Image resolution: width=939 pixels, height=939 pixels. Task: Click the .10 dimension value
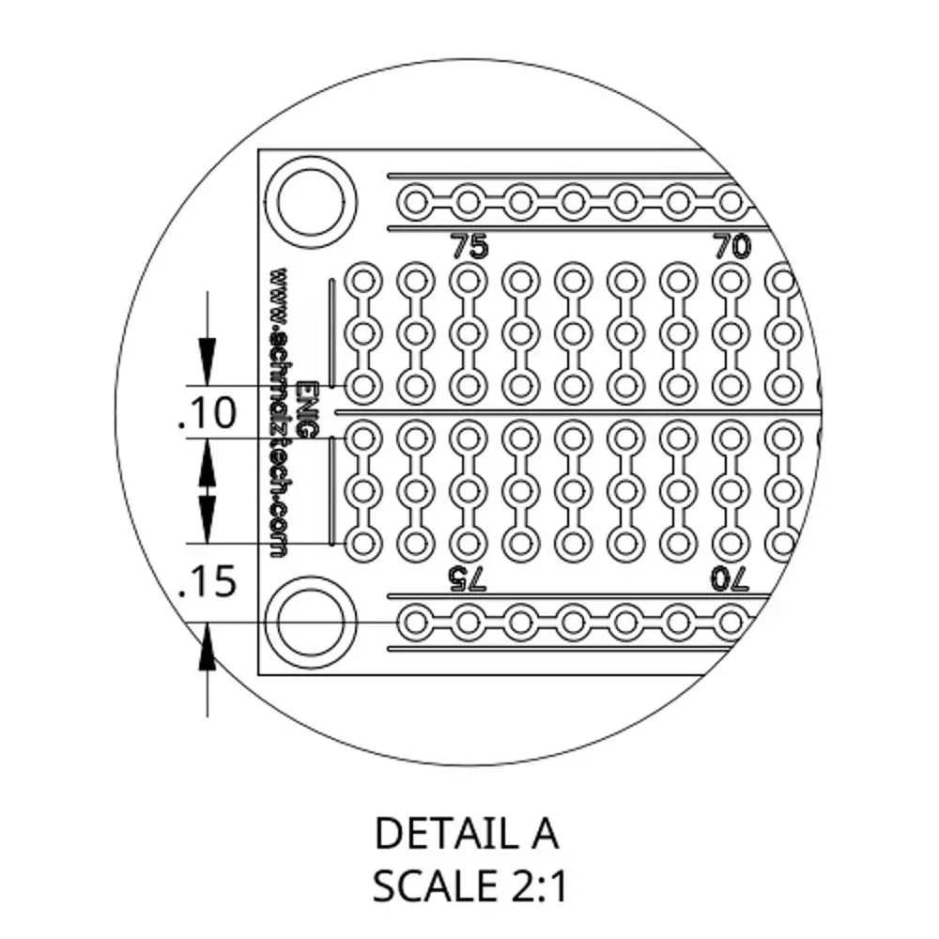click(208, 412)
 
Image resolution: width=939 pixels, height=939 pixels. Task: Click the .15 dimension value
click(208, 582)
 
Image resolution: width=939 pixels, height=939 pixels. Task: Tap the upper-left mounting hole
click(310, 202)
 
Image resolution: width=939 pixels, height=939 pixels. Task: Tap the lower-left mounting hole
click(310, 623)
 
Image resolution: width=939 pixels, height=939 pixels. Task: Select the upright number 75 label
click(469, 245)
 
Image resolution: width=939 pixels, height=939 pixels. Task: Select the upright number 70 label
click(731, 245)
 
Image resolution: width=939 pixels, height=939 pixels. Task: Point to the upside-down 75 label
click(469, 579)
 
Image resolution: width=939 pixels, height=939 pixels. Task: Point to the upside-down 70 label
click(730, 579)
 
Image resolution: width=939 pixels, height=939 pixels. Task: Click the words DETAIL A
click(467, 833)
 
